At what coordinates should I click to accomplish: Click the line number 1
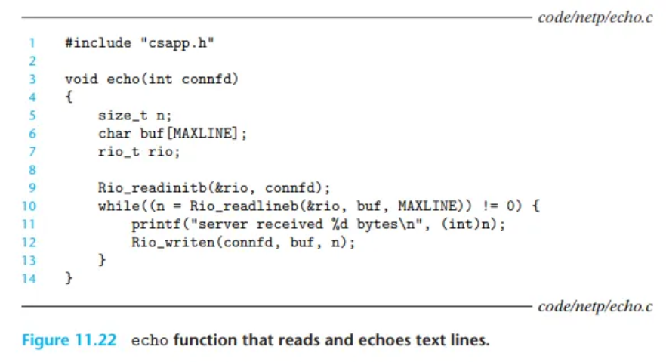32,42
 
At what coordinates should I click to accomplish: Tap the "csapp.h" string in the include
177,42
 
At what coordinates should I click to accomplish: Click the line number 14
29,278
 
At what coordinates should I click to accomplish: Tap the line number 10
29,206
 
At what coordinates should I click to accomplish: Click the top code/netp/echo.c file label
595,17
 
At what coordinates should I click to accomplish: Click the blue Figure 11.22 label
69,340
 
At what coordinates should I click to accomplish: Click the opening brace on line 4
69,97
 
